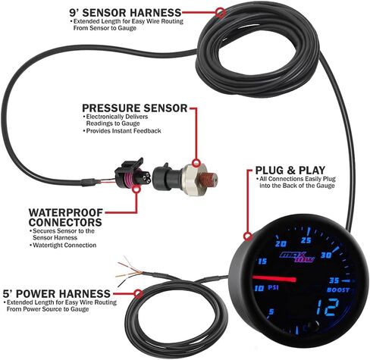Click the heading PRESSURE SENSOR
tap(134, 108)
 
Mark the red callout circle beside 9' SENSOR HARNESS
tap(220, 13)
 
